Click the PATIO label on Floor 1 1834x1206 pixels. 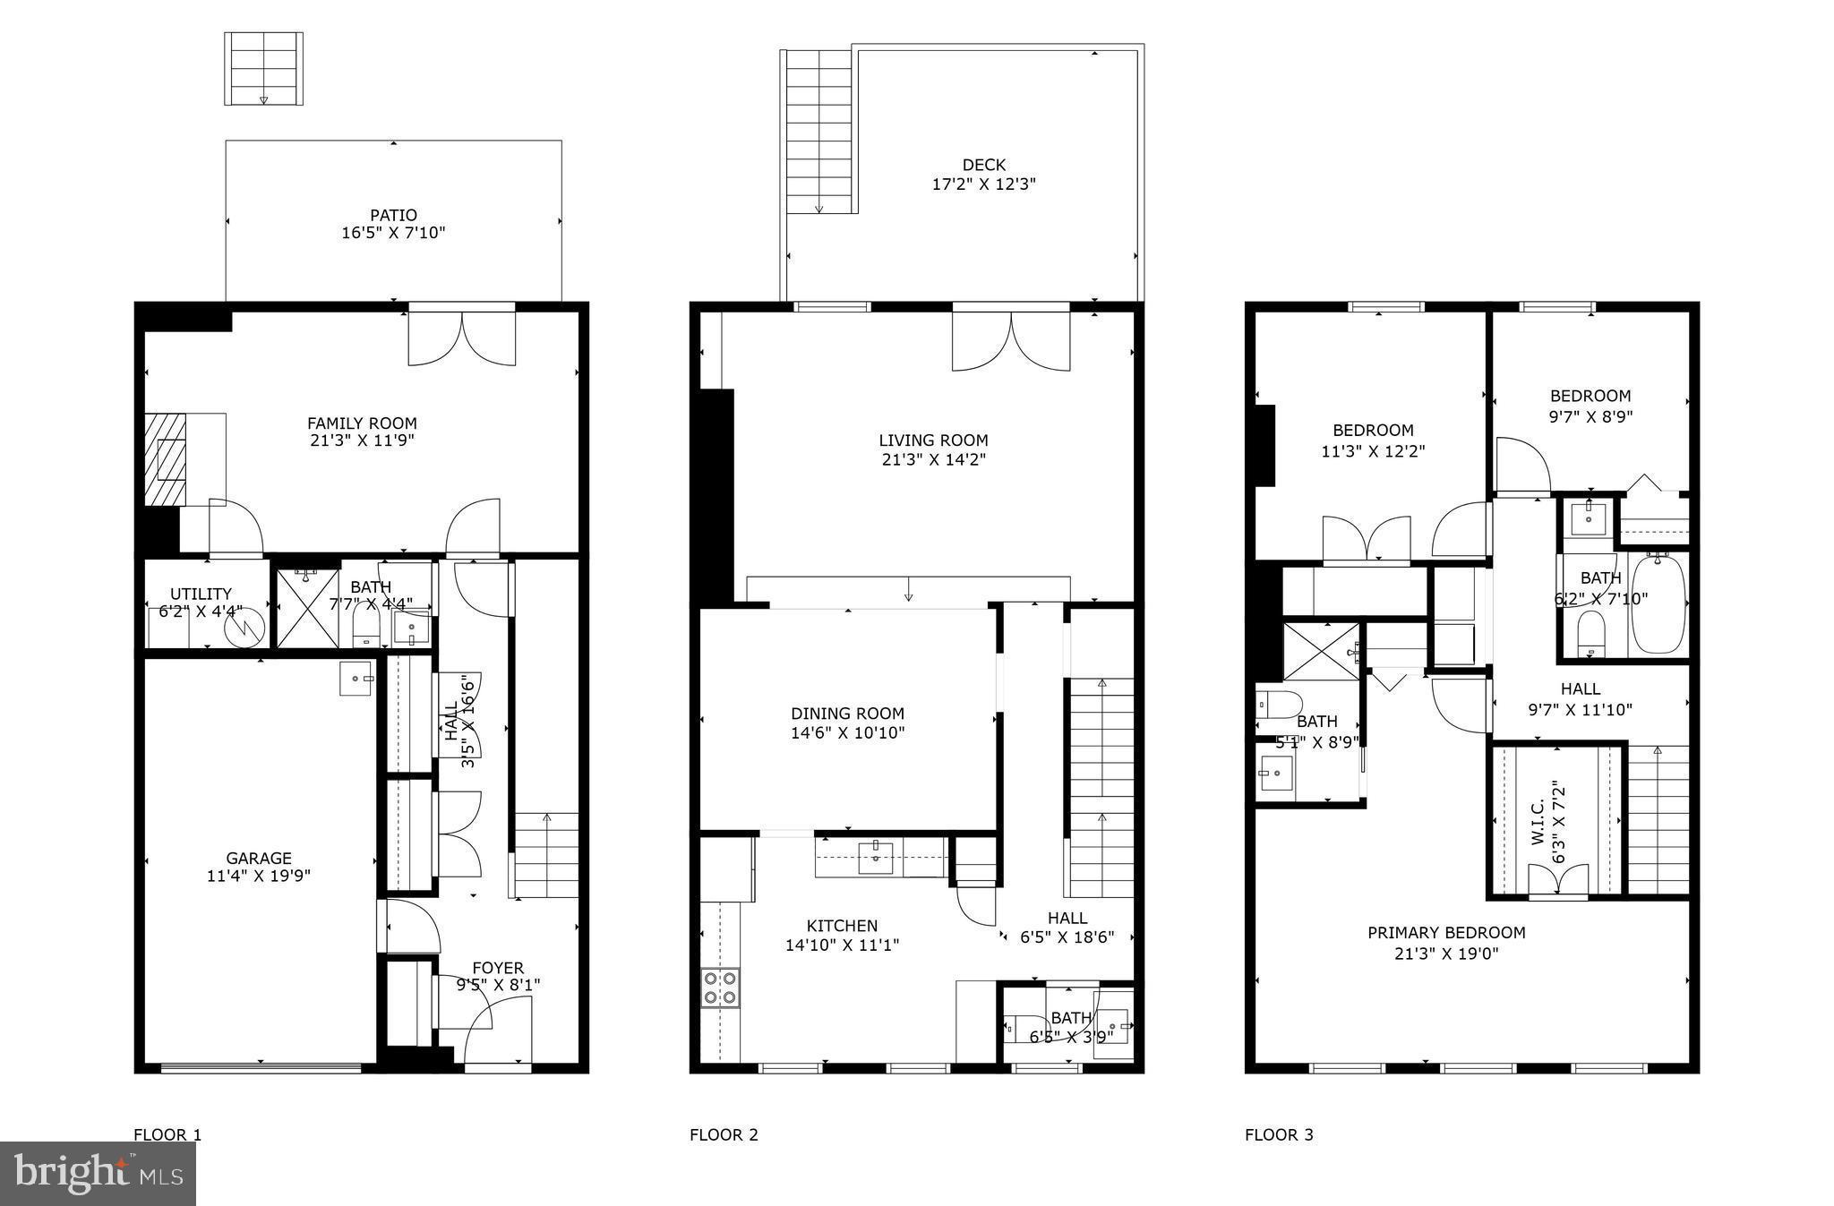pyautogui.click(x=393, y=215)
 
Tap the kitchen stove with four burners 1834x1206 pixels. pyautogui.click(x=720, y=987)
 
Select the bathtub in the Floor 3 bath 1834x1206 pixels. pyautogui.click(x=1658, y=604)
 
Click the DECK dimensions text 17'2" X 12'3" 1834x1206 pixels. pyautogui.click(x=983, y=184)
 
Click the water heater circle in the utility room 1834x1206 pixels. pyautogui.click(x=244, y=627)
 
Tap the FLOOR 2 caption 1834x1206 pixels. pyautogui.click(x=724, y=1135)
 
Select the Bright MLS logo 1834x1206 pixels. pyautogui.click(x=98, y=1173)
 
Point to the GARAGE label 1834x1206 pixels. pyautogui.click(x=258, y=858)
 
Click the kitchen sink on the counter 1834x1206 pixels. pyautogui.click(x=875, y=857)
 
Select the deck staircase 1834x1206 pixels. pyautogui.click(x=818, y=132)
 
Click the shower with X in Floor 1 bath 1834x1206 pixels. pyautogui.click(x=307, y=608)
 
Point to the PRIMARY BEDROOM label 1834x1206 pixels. pyautogui.click(x=1445, y=933)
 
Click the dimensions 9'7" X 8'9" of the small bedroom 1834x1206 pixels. pyautogui.click(x=1590, y=416)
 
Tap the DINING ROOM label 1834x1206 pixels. pyautogui.click(x=847, y=714)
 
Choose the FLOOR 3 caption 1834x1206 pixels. pyautogui.click(x=1279, y=1135)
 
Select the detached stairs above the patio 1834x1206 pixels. pyautogui.click(x=263, y=69)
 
